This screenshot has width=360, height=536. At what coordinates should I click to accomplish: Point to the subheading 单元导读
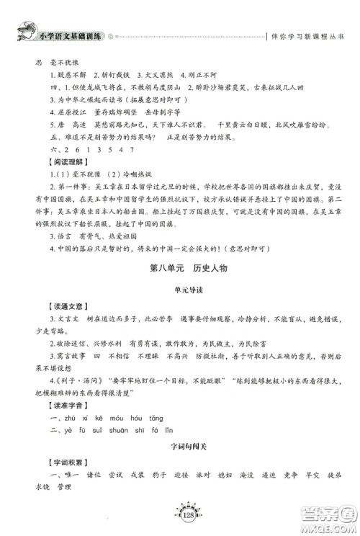point(180,292)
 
